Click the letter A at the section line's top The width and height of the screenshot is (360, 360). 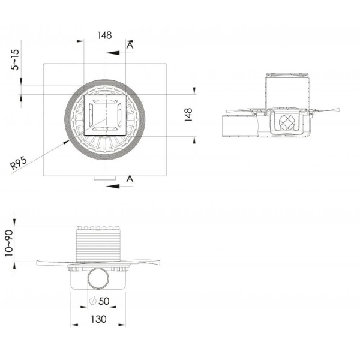130,44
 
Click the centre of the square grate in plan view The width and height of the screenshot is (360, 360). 105,116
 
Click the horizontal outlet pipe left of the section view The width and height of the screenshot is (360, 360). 240,126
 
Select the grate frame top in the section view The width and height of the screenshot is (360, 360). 287,75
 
